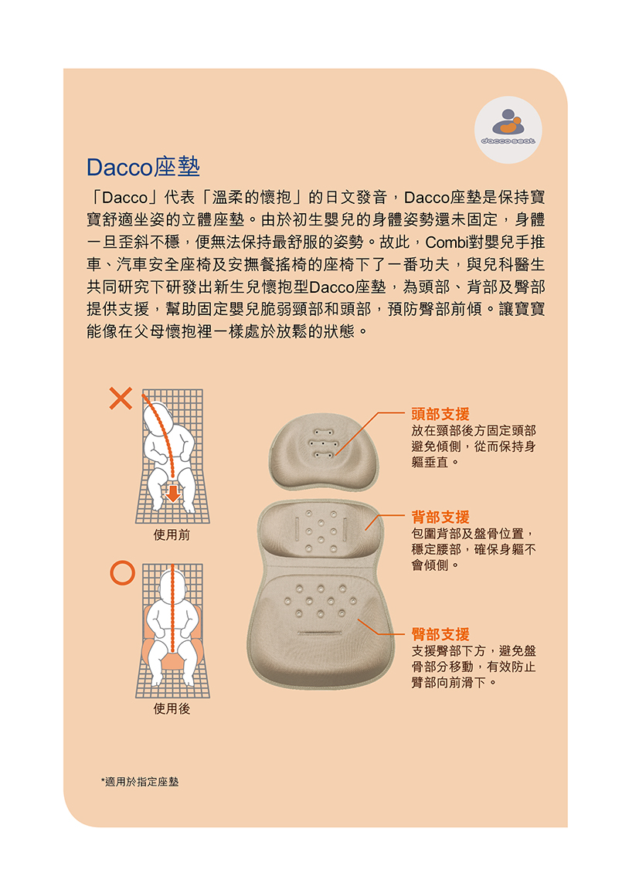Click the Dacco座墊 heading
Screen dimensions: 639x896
pyautogui.click(x=144, y=167)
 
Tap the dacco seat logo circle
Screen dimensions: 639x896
pyautogui.click(x=508, y=131)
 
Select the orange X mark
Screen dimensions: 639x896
pyautogui.click(x=121, y=399)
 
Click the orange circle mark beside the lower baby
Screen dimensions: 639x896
pyautogui.click(x=122, y=572)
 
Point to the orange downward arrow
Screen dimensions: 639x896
pyautogui.click(x=173, y=494)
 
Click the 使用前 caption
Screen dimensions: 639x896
pyautogui.click(x=172, y=535)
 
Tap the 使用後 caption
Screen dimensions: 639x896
pyautogui.click(x=172, y=708)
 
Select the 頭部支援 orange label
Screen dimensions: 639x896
pyautogui.click(x=440, y=414)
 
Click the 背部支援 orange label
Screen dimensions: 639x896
pyautogui.click(x=440, y=518)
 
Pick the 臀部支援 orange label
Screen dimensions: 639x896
pyautogui.click(x=440, y=634)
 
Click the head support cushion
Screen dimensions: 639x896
pyautogui.click(x=324, y=452)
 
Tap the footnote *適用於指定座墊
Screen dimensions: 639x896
pyautogui.click(x=140, y=782)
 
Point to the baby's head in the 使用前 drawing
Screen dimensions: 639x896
pyautogui.click(x=159, y=418)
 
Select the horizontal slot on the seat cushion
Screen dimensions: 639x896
pyautogui.click(x=320, y=633)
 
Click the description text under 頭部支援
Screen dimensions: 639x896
pyautogui.click(x=474, y=446)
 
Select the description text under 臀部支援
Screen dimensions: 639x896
pyautogui.click(x=474, y=667)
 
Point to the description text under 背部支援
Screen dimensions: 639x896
pyautogui.click(x=474, y=549)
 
